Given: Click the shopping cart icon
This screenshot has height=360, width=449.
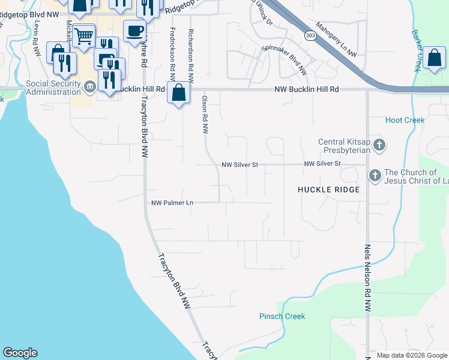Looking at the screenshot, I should click(x=84, y=35).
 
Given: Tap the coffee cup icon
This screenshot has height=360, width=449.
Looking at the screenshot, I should click(x=134, y=30).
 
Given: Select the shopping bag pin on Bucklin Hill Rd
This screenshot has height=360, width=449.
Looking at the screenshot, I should click(x=178, y=93).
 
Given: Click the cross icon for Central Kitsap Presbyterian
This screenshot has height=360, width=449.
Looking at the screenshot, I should click(x=379, y=145).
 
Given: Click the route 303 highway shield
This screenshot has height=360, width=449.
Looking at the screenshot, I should click(x=310, y=36).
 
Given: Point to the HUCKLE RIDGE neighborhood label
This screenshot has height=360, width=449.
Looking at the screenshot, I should click(x=328, y=190).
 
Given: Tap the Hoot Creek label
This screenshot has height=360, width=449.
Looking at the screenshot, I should click(x=405, y=120).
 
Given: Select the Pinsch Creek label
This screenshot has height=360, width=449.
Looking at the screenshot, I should click(x=282, y=316).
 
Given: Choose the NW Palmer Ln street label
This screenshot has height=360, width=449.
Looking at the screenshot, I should click(x=172, y=203).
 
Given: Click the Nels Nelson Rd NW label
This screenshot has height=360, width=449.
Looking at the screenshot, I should click(x=367, y=277).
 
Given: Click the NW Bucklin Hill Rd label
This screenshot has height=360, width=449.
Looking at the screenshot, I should click(x=306, y=89).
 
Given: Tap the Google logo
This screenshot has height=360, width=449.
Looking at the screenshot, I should click(x=20, y=353).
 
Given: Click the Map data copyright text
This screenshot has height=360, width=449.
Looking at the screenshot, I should click(x=412, y=355).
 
